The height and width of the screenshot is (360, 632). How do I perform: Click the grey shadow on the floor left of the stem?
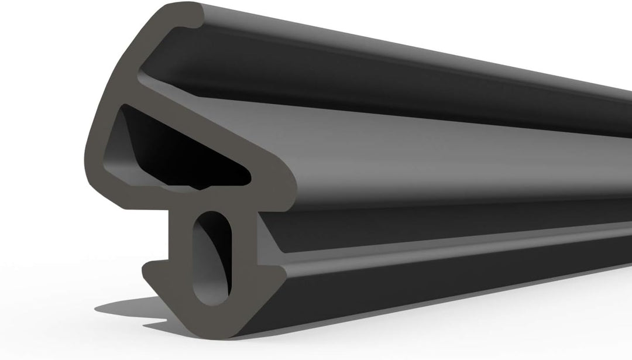[x=135, y=307]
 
